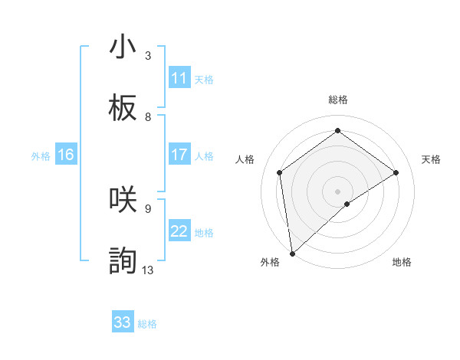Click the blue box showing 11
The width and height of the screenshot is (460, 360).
(179, 78)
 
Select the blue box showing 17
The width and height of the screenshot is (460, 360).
(179, 155)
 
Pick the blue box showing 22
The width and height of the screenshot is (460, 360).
(179, 232)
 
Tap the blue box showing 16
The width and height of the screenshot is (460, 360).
(65, 155)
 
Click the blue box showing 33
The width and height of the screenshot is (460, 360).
(123, 322)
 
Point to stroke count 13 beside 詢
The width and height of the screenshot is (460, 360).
(148, 270)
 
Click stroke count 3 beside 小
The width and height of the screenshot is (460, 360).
(148, 55)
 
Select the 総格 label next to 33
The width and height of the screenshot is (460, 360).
(147, 324)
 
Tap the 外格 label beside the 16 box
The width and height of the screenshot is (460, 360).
(41, 156)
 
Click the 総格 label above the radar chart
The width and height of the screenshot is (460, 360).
(337, 100)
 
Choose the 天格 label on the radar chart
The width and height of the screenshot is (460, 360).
(432, 159)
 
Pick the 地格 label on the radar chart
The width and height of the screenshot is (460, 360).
(402, 262)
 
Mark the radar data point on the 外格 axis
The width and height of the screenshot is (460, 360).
(291, 254)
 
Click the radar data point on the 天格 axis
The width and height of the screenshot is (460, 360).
(396, 172)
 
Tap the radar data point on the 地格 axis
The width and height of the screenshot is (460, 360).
(347, 204)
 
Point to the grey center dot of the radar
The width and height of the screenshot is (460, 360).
(337, 191)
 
